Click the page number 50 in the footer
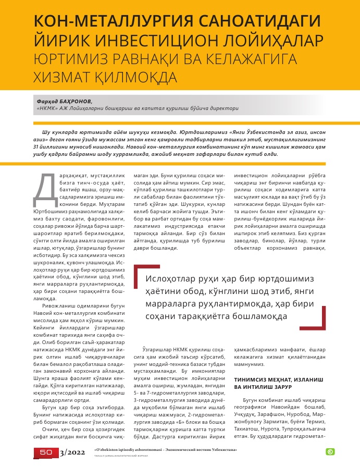pos(46,453)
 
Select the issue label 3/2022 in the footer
pos(73,453)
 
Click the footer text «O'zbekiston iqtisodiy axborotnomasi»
pos(132,449)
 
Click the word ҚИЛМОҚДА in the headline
pos(143,77)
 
